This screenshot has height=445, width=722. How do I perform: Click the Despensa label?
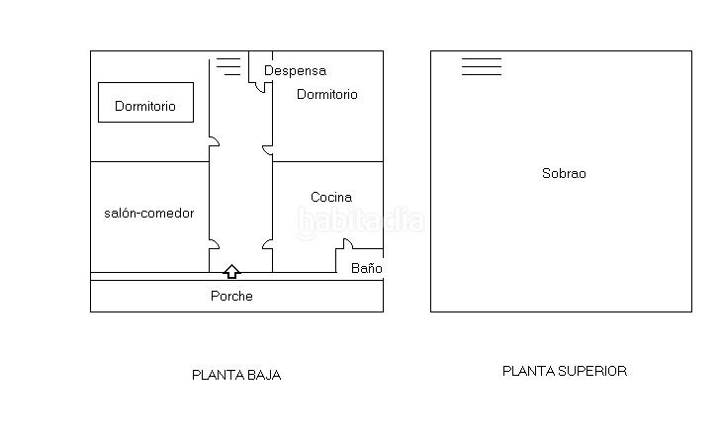pyautogui.click(x=295, y=71)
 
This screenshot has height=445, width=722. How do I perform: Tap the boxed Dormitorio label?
pyautogui.click(x=145, y=106)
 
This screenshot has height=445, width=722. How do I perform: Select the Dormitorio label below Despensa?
pyautogui.click(x=327, y=94)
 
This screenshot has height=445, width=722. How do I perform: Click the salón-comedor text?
pyautogui.click(x=149, y=213)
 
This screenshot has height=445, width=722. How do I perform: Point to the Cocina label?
pyautogui.click(x=331, y=197)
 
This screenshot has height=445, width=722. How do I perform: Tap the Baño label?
pyautogui.click(x=367, y=268)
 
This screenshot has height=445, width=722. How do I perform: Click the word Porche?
pyautogui.click(x=231, y=296)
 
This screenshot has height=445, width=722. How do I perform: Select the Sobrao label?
pyautogui.click(x=564, y=173)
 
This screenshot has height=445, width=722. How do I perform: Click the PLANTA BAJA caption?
pyautogui.click(x=236, y=375)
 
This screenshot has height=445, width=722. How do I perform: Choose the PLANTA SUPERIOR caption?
pyautogui.click(x=565, y=371)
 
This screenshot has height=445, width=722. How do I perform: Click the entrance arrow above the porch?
pyautogui.click(x=231, y=272)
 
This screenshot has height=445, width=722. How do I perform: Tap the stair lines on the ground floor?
pyautogui.click(x=228, y=66)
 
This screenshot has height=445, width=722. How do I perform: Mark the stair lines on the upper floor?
pyautogui.click(x=482, y=66)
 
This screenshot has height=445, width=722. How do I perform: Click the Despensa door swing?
pyautogui.click(x=261, y=87)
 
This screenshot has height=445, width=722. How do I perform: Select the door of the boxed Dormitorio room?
pyautogui.click(x=214, y=141)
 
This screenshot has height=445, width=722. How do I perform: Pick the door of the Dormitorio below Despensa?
pyautogui.click(x=267, y=150)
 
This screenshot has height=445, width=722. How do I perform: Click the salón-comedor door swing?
pyautogui.click(x=214, y=244)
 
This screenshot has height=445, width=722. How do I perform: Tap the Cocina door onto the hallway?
pyautogui.click(x=267, y=244)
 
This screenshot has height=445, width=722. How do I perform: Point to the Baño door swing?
pyautogui.click(x=348, y=243)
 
